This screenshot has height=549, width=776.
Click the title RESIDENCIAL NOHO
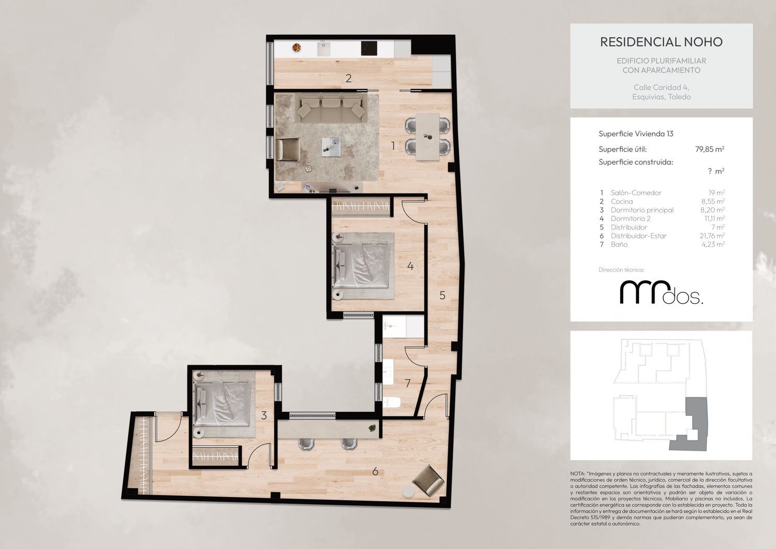[x=661, y=42]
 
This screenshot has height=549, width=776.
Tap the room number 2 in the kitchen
[x=349, y=78]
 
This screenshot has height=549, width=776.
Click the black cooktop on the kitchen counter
[x=369, y=49]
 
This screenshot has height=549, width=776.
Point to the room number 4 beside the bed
[x=410, y=266]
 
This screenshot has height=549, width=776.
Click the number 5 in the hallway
[x=442, y=295]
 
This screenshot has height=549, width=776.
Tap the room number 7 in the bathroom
[x=408, y=383]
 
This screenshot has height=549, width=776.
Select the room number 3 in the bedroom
[x=264, y=415]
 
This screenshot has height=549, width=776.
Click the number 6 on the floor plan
[x=375, y=472]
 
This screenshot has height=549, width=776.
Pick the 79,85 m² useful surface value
[x=709, y=149]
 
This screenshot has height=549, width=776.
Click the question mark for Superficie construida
[x=710, y=171]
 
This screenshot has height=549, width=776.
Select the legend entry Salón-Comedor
[x=636, y=192]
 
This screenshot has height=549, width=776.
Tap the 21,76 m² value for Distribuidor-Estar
[x=712, y=235]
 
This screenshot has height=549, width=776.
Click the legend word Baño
[x=619, y=244]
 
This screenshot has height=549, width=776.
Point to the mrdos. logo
[x=661, y=293]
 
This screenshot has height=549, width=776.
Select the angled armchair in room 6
[x=428, y=481]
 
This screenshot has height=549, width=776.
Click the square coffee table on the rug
[x=331, y=147]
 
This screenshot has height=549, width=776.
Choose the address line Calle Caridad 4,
[x=661, y=87]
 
